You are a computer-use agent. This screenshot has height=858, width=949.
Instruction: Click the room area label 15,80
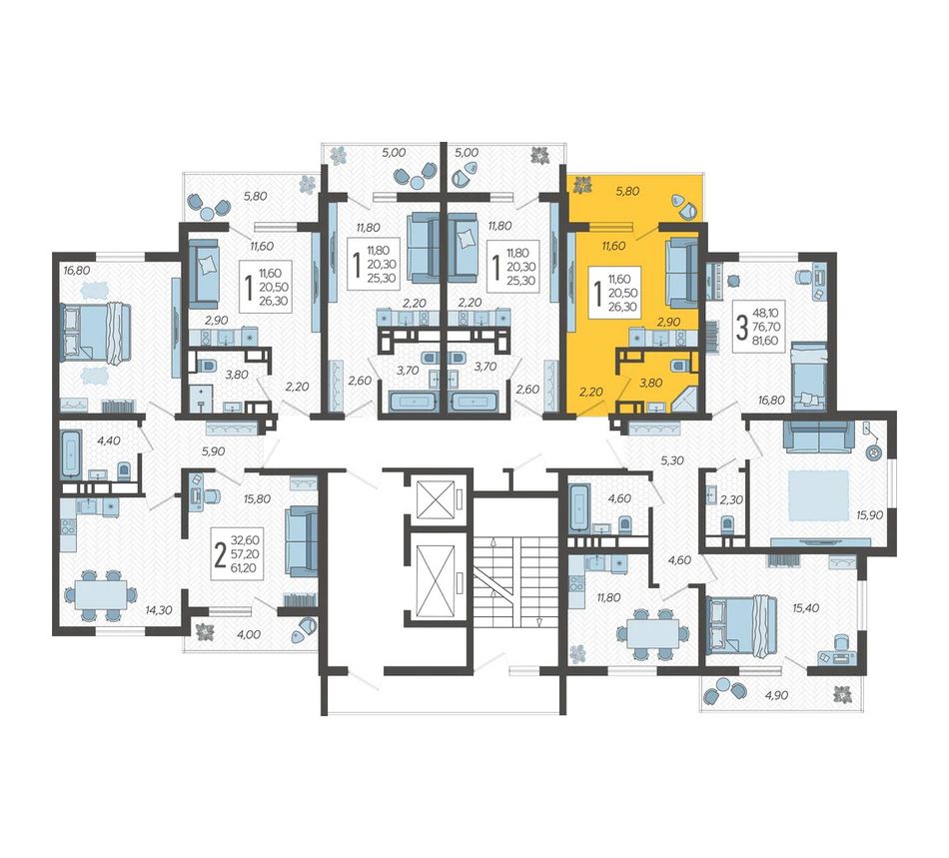click(x=257, y=499)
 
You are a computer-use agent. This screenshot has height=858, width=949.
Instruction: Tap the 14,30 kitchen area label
click(x=159, y=610)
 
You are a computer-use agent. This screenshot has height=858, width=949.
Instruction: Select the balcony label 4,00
click(x=249, y=634)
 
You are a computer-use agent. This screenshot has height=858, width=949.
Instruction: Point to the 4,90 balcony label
click(x=776, y=695)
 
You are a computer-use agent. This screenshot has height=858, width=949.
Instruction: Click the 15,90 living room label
click(x=870, y=514)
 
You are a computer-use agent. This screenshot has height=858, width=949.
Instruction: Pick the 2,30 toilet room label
click(x=731, y=500)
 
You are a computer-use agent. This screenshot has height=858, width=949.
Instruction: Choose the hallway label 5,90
click(x=213, y=450)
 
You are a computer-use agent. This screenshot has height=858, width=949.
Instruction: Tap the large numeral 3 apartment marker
click(x=741, y=327)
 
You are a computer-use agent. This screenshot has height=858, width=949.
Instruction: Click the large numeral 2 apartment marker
click(x=221, y=554)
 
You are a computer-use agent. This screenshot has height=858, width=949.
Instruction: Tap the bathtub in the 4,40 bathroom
click(x=72, y=453)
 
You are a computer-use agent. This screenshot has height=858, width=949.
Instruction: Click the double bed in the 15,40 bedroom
click(x=742, y=625)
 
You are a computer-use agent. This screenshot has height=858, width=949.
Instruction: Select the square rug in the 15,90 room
click(x=819, y=496)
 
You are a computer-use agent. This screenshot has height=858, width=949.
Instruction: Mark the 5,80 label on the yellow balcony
click(x=627, y=191)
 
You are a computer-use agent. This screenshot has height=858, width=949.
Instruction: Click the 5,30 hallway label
click(x=672, y=460)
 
